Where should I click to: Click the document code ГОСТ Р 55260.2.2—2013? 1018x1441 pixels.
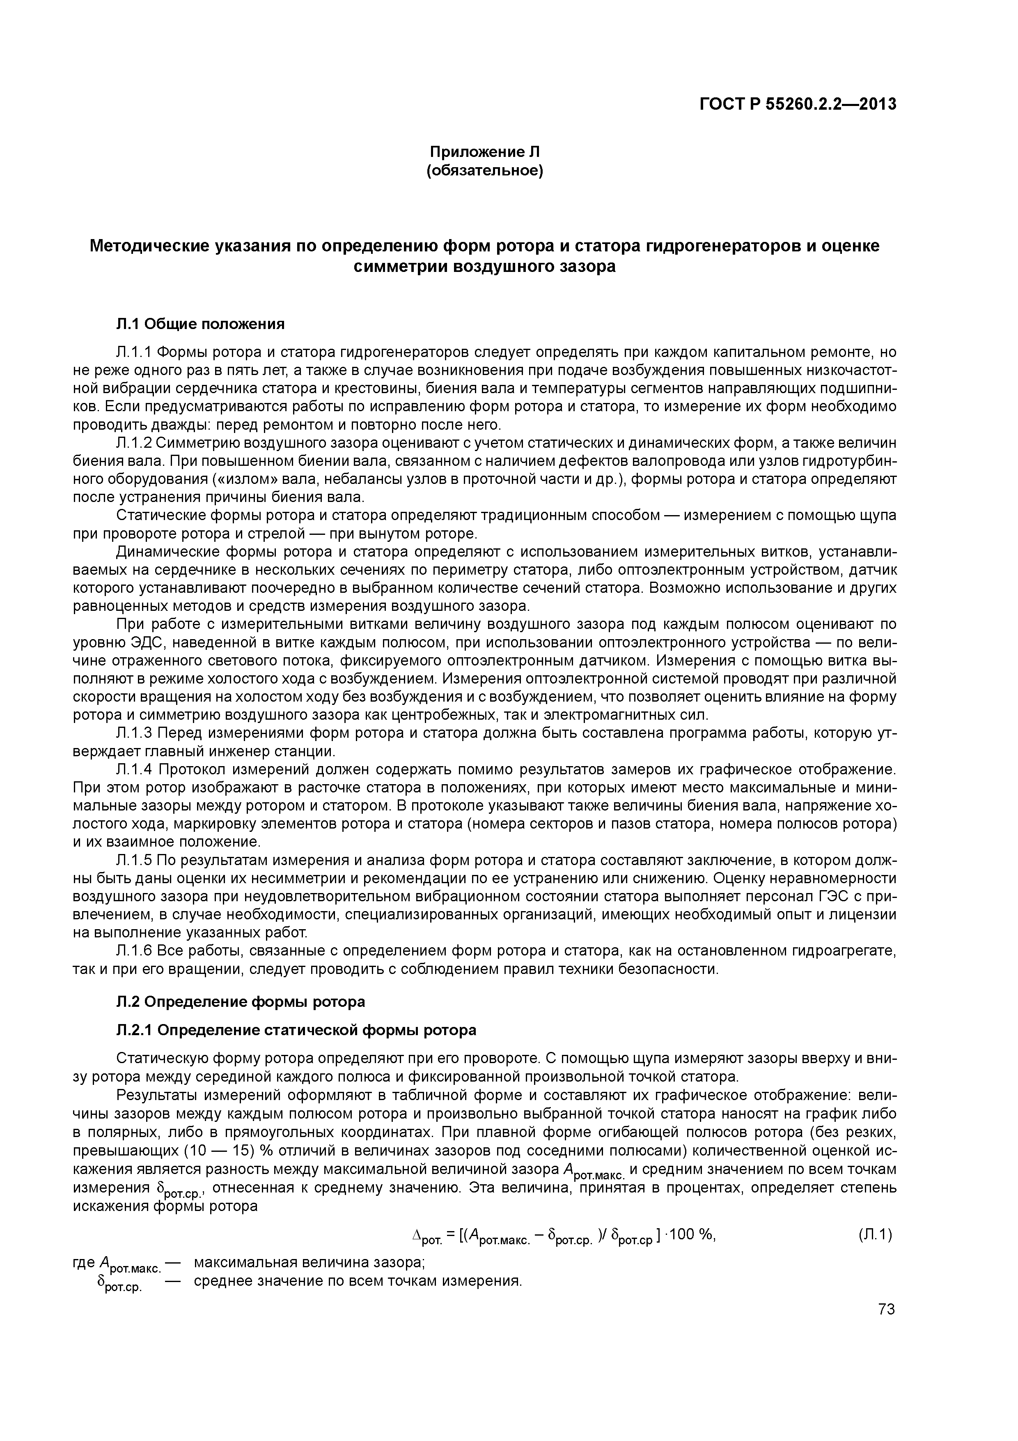click(x=798, y=104)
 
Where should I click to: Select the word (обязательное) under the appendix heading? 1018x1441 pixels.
click(x=484, y=170)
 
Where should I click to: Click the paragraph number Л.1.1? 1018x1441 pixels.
click(x=133, y=352)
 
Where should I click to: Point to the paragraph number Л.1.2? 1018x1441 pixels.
click(x=133, y=443)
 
